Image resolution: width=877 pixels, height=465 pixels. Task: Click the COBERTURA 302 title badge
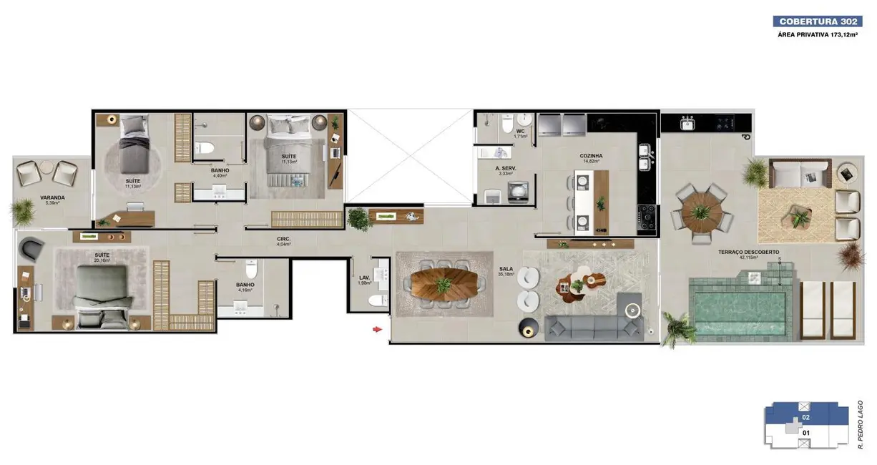point(818,21)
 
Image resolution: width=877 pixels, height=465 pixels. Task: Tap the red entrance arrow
point(376,329)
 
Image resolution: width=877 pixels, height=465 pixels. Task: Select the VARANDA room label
point(52,197)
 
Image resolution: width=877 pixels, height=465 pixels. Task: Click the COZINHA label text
point(591,155)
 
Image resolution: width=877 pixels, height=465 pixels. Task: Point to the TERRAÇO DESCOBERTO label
point(749,252)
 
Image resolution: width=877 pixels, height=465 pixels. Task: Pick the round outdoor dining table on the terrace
point(700,209)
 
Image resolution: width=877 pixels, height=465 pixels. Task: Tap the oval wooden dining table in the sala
point(444,284)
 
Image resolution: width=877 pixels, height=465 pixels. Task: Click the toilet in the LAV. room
point(378,300)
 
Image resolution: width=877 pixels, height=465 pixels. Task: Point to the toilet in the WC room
point(506,125)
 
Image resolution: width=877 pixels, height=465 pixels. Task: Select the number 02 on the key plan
point(805,416)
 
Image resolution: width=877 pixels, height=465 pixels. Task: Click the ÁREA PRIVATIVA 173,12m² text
point(818,35)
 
